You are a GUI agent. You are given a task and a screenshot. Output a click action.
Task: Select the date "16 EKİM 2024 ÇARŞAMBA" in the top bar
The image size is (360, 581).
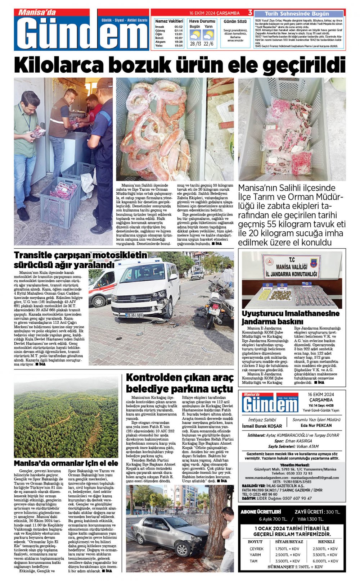pyautogui.click(x=214, y=13)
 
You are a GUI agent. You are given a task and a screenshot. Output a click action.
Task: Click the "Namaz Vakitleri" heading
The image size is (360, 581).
pyautogui.click(x=169, y=22)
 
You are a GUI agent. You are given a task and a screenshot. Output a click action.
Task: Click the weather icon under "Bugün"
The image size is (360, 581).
pyautogui.click(x=195, y=35)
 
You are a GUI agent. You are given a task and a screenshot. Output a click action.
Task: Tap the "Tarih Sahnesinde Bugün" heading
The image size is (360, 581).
pyautogui.click(x=297, y=14)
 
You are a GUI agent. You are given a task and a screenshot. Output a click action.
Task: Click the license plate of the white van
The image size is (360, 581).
pyautogui.click(x=134, y=315)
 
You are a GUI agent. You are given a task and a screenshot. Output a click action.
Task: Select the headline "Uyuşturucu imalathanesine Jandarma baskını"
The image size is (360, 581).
pyautogui.click(x=290, y=317)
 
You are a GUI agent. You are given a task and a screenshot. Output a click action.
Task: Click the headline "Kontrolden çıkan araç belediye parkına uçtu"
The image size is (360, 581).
pyautogui.click(x=179, y=383)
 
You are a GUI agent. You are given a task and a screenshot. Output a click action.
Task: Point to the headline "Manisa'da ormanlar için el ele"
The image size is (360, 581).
pyautogui.click(x=66, y=463)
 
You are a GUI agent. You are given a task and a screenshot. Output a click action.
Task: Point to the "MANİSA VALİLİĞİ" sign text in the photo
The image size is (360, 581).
pyautogui.click(x=291, y=267)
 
